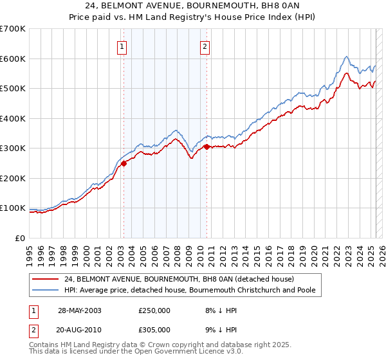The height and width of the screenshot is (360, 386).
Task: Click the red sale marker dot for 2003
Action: tap(124, 163)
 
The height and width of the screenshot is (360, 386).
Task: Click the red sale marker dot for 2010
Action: tap(207, 147)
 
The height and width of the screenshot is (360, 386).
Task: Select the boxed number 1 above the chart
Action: tap(122, 46)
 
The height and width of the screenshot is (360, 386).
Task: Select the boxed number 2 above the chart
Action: tap(205, 46)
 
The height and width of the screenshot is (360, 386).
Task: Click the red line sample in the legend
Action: tap(46, 280)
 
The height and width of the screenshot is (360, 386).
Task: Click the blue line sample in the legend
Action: tap(46, 291)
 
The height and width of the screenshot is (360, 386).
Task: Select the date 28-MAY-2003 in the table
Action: tap(80, 310)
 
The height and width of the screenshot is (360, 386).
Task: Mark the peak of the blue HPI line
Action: tap(346, 57)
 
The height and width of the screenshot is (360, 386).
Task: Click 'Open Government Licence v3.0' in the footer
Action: tap(182, 352)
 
